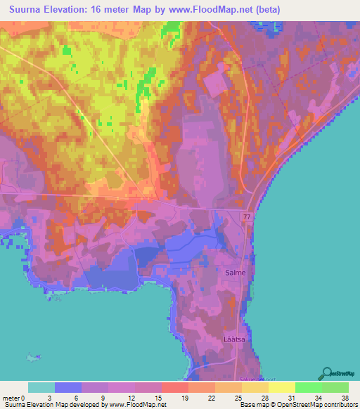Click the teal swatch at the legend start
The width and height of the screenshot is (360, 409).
coord(41,387)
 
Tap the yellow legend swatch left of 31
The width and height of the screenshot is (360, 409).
coord(282,387)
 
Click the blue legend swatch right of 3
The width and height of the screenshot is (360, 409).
coord(67,387)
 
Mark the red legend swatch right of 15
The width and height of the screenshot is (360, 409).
coord(175,387)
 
